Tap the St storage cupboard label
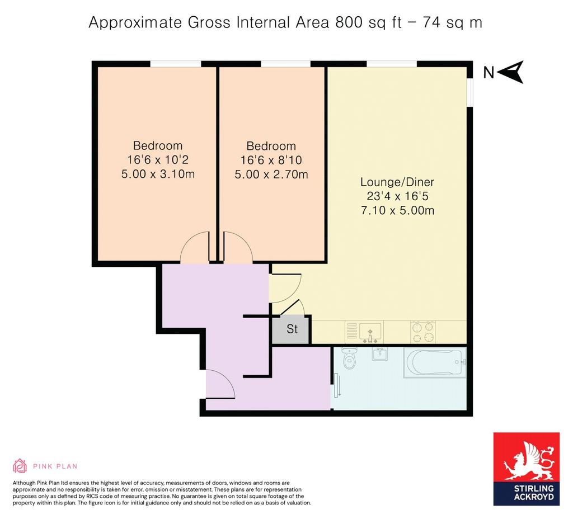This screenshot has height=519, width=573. click(x=292, y=329)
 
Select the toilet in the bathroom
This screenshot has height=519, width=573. click(x=350, y=358)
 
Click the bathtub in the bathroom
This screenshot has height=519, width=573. click(x=435, y=362)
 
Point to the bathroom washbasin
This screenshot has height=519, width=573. click(x=380, y=353)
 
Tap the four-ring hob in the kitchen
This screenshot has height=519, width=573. click(x=423, y=332)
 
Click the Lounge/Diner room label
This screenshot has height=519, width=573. click(x=397, y=182)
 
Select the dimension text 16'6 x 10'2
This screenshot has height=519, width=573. click(x=158, y=159)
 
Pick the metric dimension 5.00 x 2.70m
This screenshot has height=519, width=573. click(x=271, y=174)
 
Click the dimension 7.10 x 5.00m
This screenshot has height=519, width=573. click(x=398, y=210)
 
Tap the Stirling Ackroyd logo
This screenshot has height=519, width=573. click(x=527, y=469)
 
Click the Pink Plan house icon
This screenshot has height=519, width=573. click(x=20, y=466)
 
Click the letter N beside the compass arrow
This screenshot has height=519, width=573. click(x=489, y=73)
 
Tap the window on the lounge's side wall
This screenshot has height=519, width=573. click(x=470, y=93)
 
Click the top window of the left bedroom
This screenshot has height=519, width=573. click(x=176, y=64)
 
